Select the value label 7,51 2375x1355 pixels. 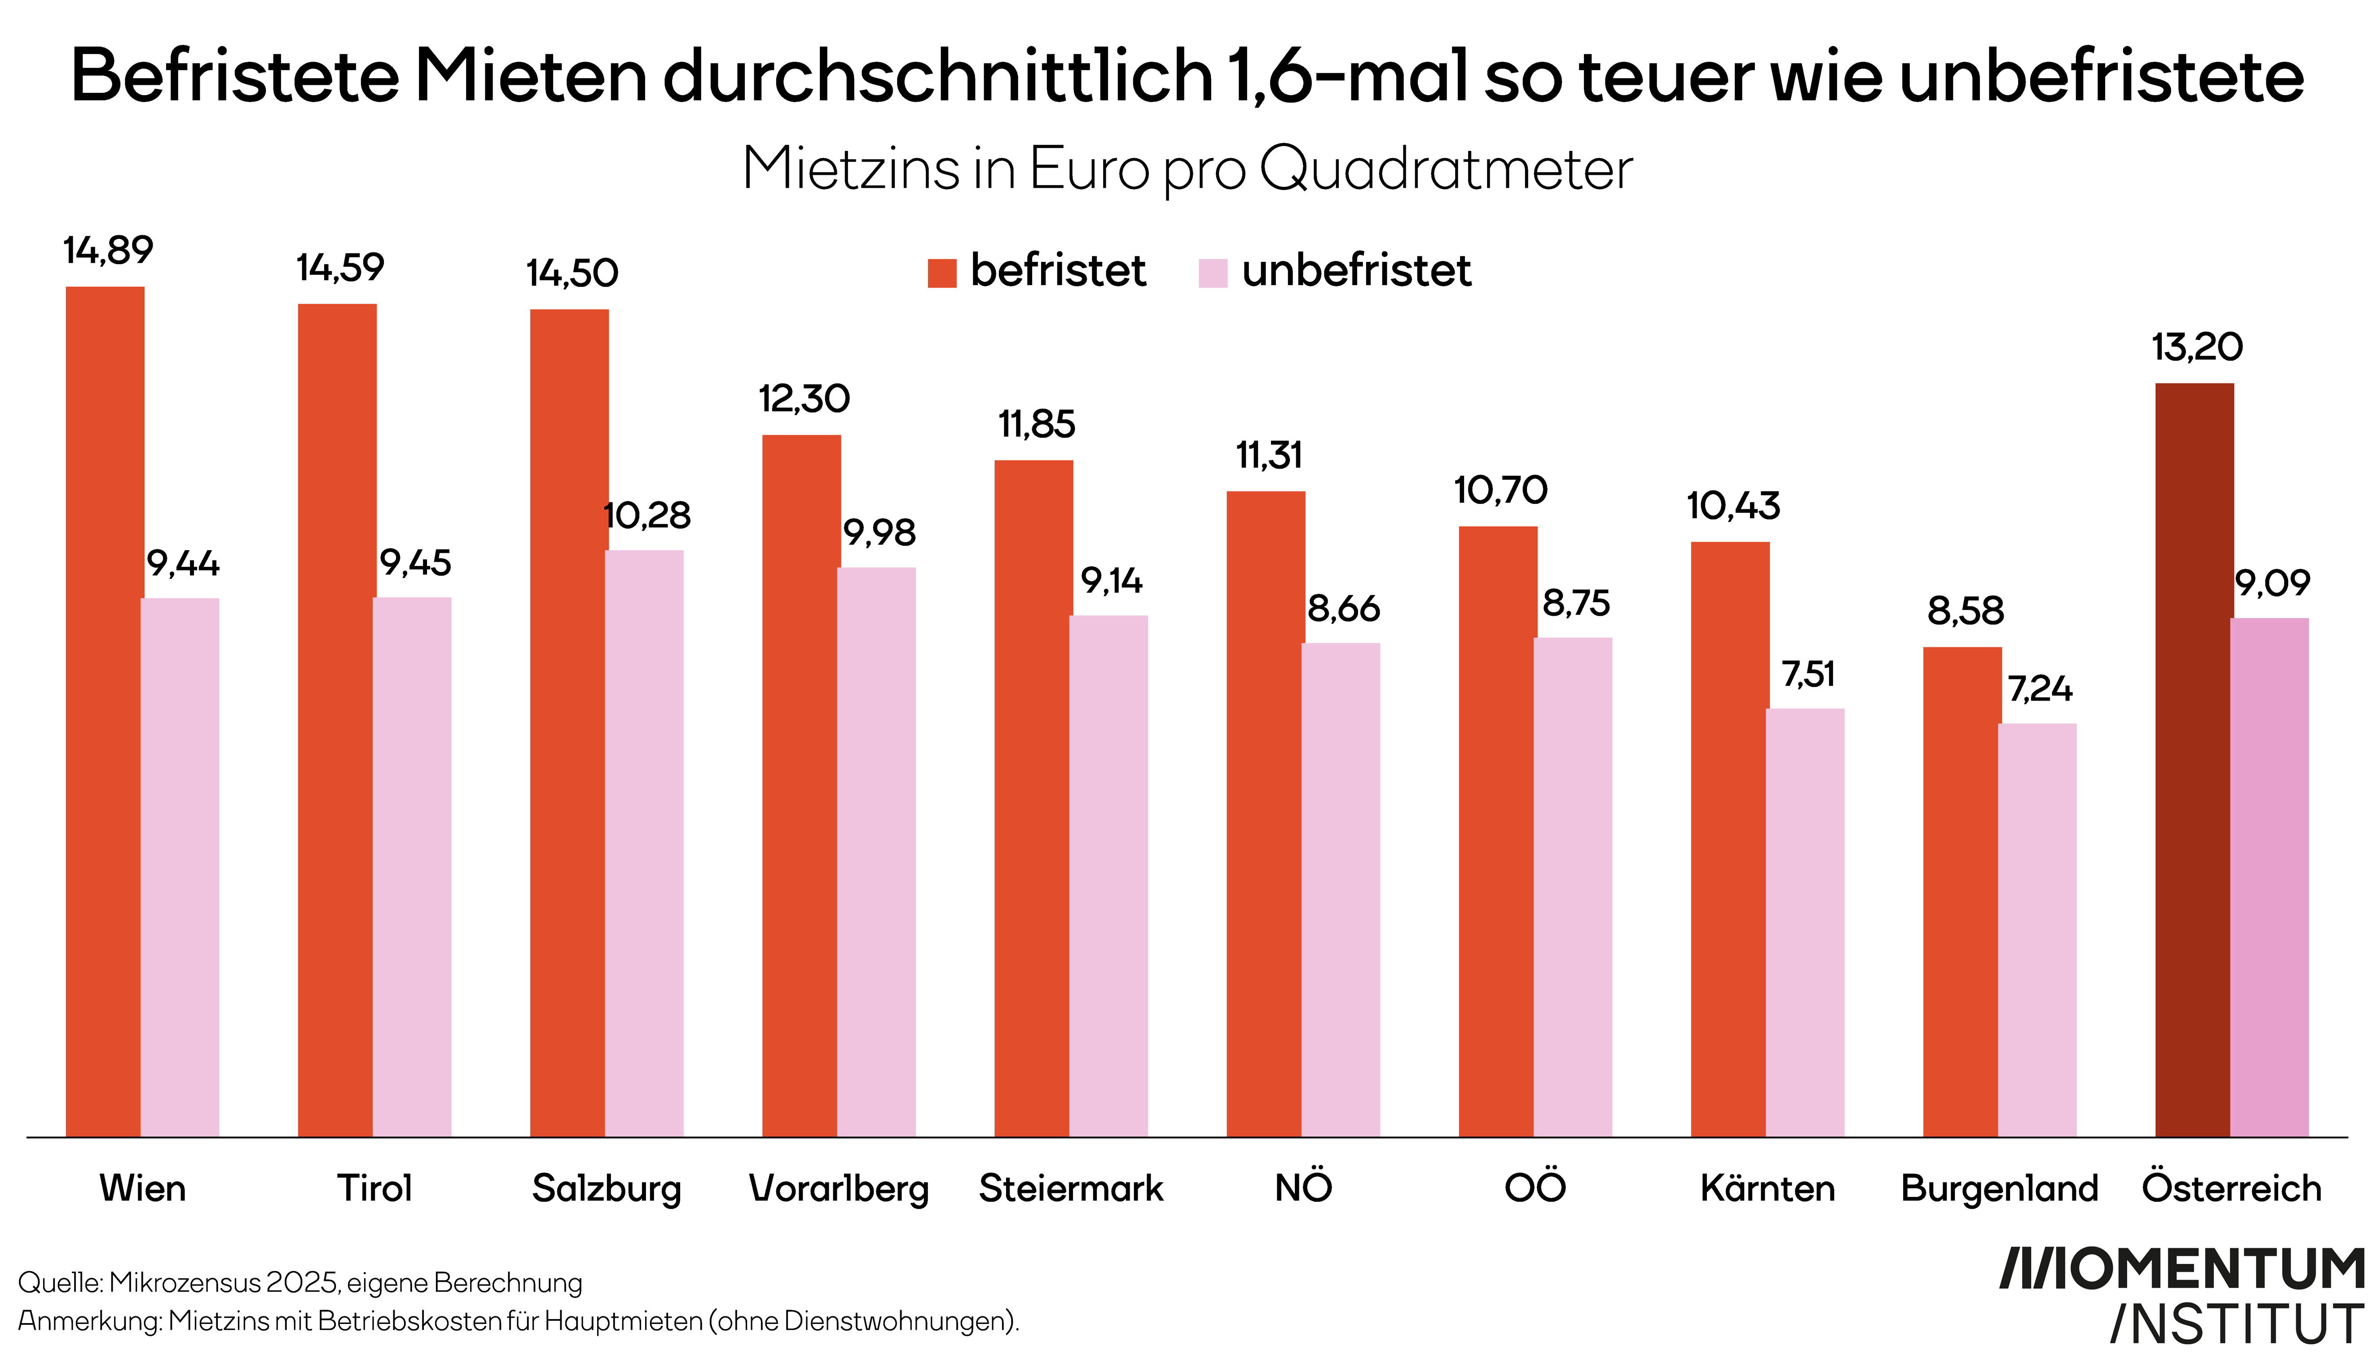click(x=1808, y=674)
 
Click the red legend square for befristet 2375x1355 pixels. click(x=941, y=273)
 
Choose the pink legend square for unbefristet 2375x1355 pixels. click(x=1212, y=273)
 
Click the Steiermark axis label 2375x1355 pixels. click(x=1071, y=1188)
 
